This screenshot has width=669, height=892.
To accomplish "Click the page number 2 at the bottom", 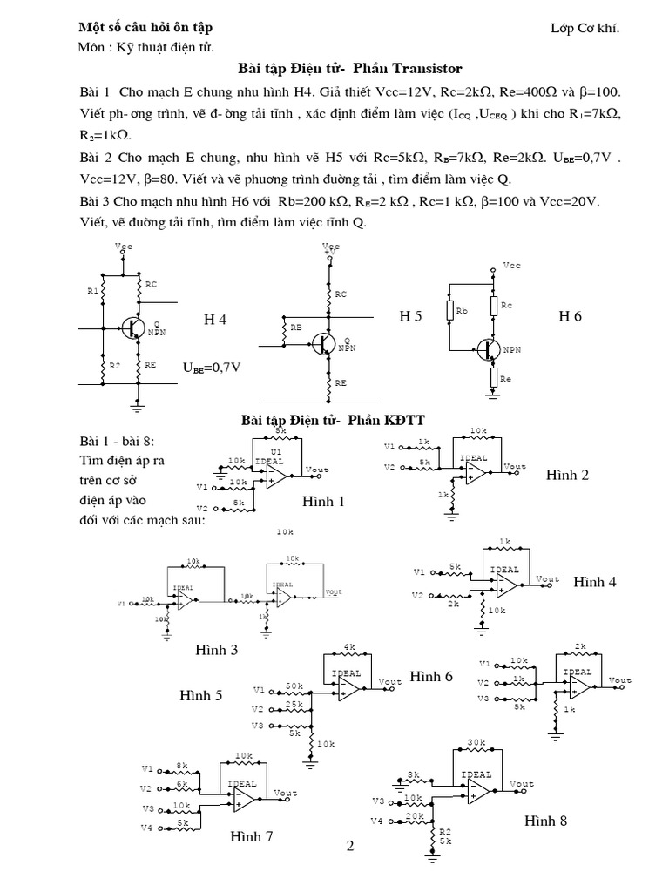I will point(350,845).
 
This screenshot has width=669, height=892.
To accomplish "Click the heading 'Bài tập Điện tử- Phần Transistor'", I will point(349,68).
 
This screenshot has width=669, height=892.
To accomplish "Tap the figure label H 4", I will point(215,320).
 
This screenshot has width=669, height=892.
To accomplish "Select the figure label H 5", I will point(410,316).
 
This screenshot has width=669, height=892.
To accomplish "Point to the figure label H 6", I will point(570,316).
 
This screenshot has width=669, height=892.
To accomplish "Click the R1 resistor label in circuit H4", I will point(93,292).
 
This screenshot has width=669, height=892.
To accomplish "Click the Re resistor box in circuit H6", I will point(493,378).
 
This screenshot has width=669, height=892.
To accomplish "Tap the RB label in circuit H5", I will point(296,328).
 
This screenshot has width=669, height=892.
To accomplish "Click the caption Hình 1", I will point(323,502).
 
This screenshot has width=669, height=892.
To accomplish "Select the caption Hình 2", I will point(568,475).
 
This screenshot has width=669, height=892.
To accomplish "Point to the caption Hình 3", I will point(217,650).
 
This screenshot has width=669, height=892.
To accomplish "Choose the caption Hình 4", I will point(595,582).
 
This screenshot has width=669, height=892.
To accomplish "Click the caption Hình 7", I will point(252,837).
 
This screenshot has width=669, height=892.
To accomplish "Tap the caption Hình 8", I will point(546,821).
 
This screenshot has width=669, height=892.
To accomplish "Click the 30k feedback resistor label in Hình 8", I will point(476,742).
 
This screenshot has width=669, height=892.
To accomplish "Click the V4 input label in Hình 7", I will point(147,827).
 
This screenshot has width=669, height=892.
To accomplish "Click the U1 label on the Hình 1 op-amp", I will point(276,451).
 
